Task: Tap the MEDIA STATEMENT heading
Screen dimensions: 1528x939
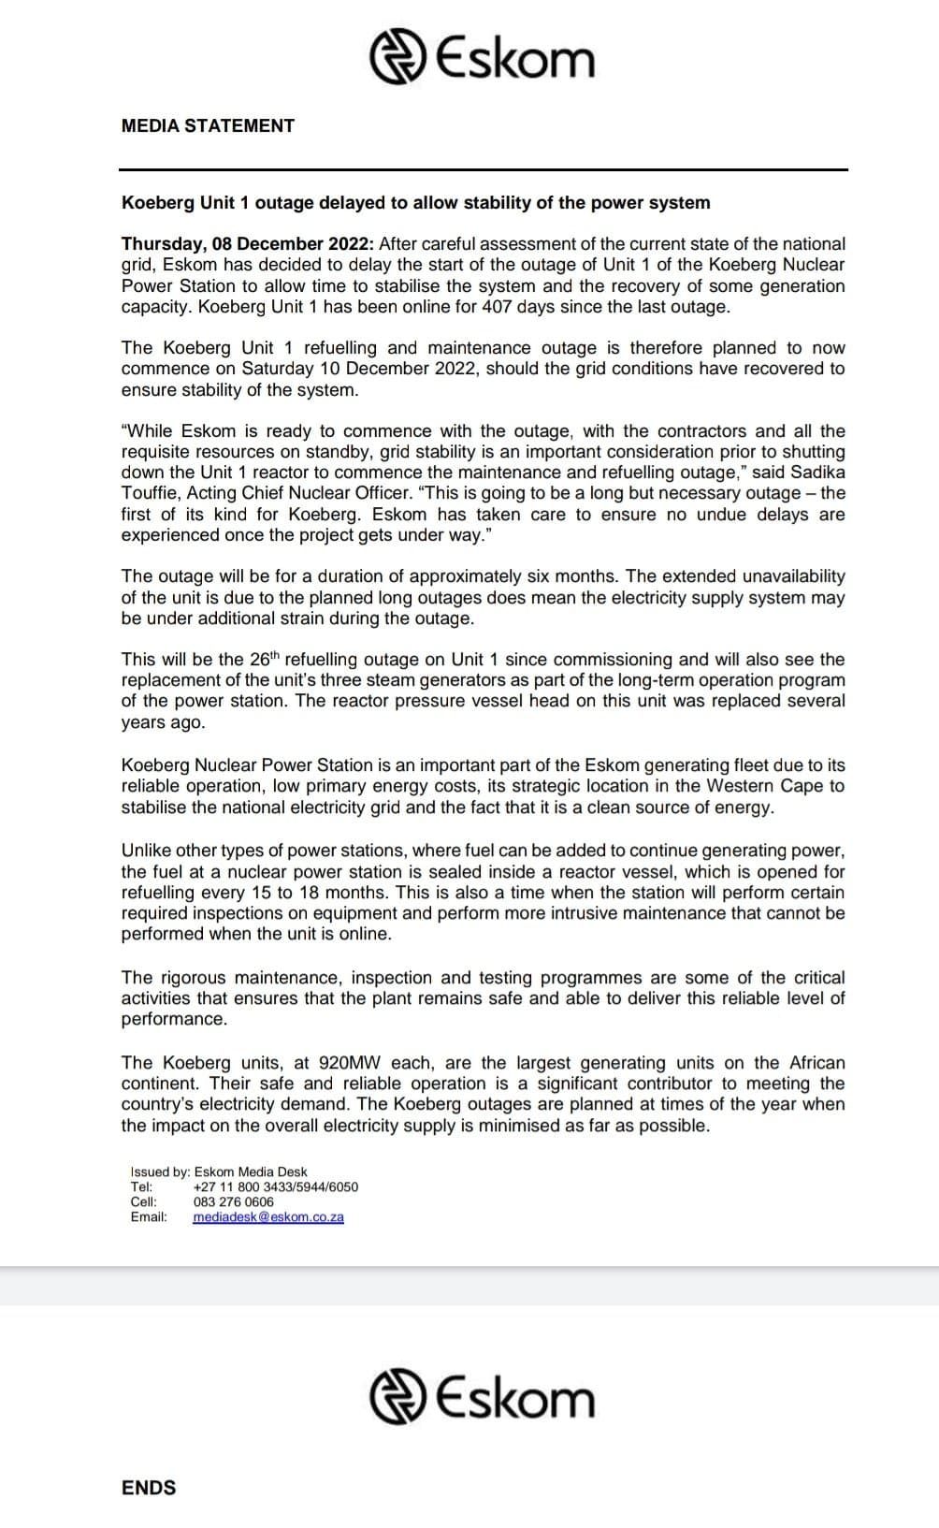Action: [x=208, y=125]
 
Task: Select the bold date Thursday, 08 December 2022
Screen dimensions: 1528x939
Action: [x=248, y=244]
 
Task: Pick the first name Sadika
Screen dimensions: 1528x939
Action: [x=816, y=473]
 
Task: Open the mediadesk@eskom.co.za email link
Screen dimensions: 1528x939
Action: [x=268, y=1217]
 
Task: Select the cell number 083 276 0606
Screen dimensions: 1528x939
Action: [x=234, y=1202]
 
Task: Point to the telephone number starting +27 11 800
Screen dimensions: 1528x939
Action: [x=275, y=1187]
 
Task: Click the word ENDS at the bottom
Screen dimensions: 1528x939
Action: [x=149, y=1488]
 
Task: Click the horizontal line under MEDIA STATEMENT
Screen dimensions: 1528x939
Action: [x=483, y=170]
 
